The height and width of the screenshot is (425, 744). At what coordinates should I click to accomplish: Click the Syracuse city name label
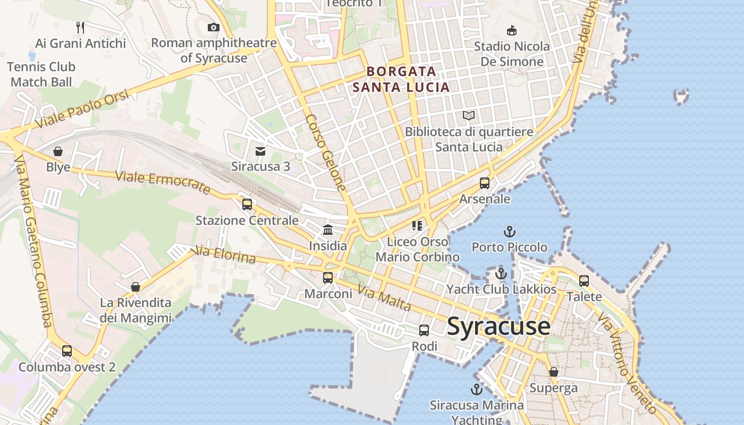coord(498,326)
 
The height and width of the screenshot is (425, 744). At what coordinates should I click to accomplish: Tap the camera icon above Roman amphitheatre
coord(213,27)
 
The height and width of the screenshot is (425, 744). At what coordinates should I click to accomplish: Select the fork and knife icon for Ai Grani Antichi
coord(80,27)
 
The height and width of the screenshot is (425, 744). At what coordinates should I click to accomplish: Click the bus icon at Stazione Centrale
coord(247,205)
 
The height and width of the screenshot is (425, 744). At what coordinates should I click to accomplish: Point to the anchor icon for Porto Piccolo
coord(509,232)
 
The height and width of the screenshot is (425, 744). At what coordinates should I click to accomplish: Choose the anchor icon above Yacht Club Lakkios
coord(501,274)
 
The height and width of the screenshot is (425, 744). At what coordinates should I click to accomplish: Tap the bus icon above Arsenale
coord(484,183)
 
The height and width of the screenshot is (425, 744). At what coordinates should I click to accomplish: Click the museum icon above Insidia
coord(328,230)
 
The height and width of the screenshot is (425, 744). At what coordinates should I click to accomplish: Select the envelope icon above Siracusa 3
coord(260,151)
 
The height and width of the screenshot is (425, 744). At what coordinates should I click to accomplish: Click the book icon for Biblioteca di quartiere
coord(469,115)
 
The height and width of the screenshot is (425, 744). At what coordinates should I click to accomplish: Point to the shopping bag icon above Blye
coord(58,151)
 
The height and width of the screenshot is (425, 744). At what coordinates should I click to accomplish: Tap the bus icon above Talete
coord(584,280)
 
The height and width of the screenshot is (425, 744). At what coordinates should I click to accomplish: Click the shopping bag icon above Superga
coord(553,372)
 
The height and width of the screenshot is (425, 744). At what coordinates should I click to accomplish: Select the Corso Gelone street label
coord(326,152)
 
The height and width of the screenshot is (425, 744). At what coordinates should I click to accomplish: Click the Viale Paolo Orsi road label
coord(82,109)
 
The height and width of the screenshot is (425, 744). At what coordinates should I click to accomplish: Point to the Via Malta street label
coord(384,299)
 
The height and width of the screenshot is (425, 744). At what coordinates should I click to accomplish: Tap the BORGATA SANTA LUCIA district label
coord(401,79)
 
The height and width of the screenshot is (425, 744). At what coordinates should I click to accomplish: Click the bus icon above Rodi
coord(424,330)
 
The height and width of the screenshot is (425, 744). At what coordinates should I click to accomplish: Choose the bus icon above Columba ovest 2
coord(67,351)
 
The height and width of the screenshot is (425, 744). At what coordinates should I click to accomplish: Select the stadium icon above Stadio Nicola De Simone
coord(512,30)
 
